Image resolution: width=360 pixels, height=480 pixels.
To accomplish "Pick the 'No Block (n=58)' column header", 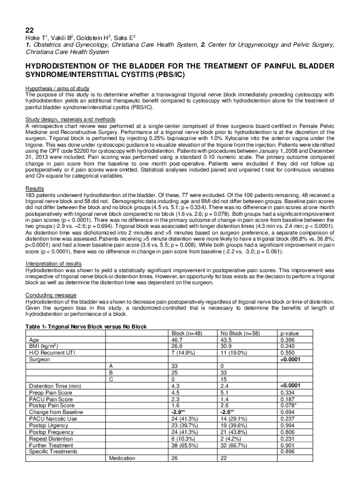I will click(x=241, y=333).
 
